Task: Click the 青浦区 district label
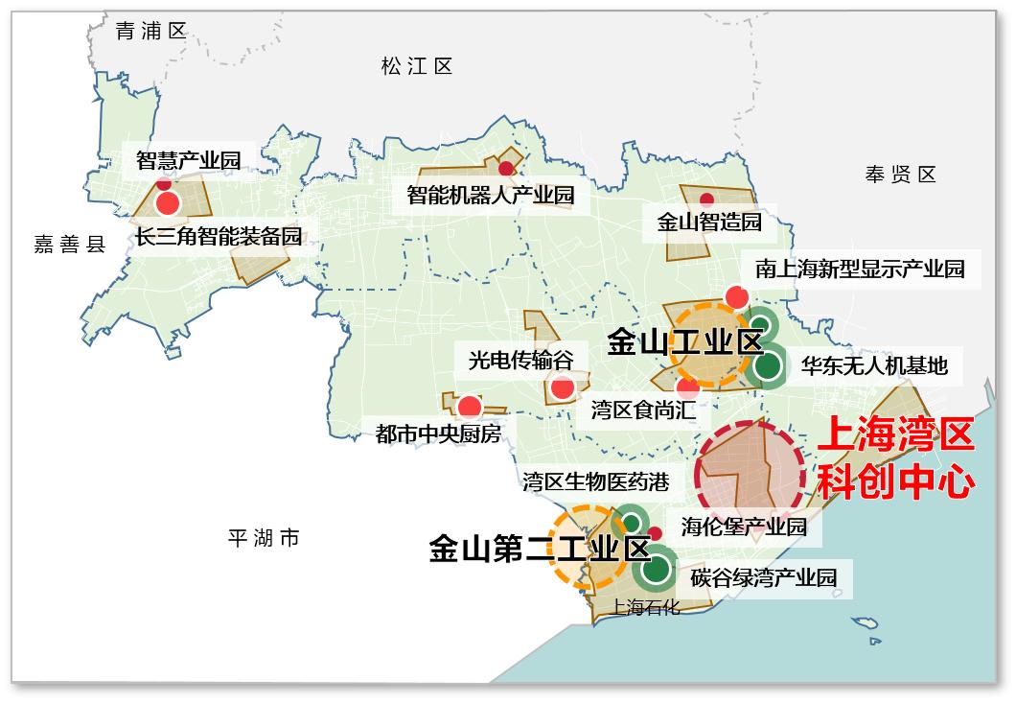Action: tap(150, 31)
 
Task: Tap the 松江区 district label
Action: tap(416, 66)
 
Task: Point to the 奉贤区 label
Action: tap(900, 175)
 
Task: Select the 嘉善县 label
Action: tap(70, 245)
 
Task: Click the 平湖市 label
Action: tap(264, 538)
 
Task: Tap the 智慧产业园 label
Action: tap(188, 159)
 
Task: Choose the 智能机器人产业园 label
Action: tap(490, 196)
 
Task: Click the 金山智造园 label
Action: tap(709, 223)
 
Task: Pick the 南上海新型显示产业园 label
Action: tap(860, 268)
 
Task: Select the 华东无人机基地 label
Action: tap(874, 365)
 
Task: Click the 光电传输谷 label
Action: tap(520, 360)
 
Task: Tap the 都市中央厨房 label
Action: tap(438, 434)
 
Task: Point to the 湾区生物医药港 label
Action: tap(595, 480)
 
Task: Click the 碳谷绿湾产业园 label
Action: tap(764, 577)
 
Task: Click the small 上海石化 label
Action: tap(645, 606)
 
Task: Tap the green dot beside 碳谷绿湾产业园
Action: tap(657, 568)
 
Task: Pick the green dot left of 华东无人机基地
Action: tap(767, 365)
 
